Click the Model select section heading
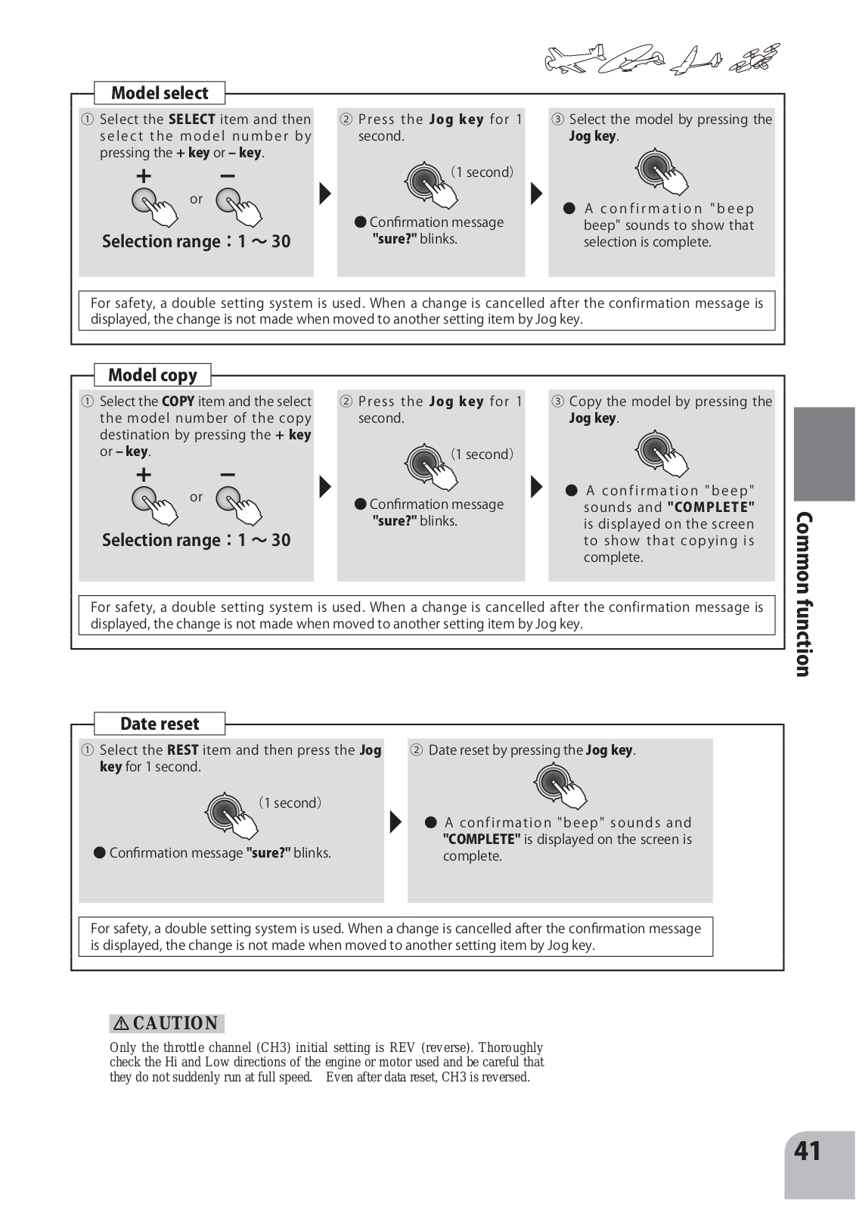pos(160,93)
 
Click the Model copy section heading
pos(152,375)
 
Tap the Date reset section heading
pos(160,724)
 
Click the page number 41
pos(808,1151)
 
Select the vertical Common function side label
pos(804,594)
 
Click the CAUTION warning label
pos(167,1023)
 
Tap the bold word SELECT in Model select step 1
pos(192,119)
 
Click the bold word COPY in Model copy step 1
pos(178,402)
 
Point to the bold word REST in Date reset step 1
pos(182,750)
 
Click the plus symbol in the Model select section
pos(143,177)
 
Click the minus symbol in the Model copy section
pos(227,475)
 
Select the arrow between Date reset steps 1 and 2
pos(395,821)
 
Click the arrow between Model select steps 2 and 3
pos(536,194)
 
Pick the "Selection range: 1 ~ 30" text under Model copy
pos(196,540)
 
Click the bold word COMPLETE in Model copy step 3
pos(711,507)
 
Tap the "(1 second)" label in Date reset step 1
pos(290,802)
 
